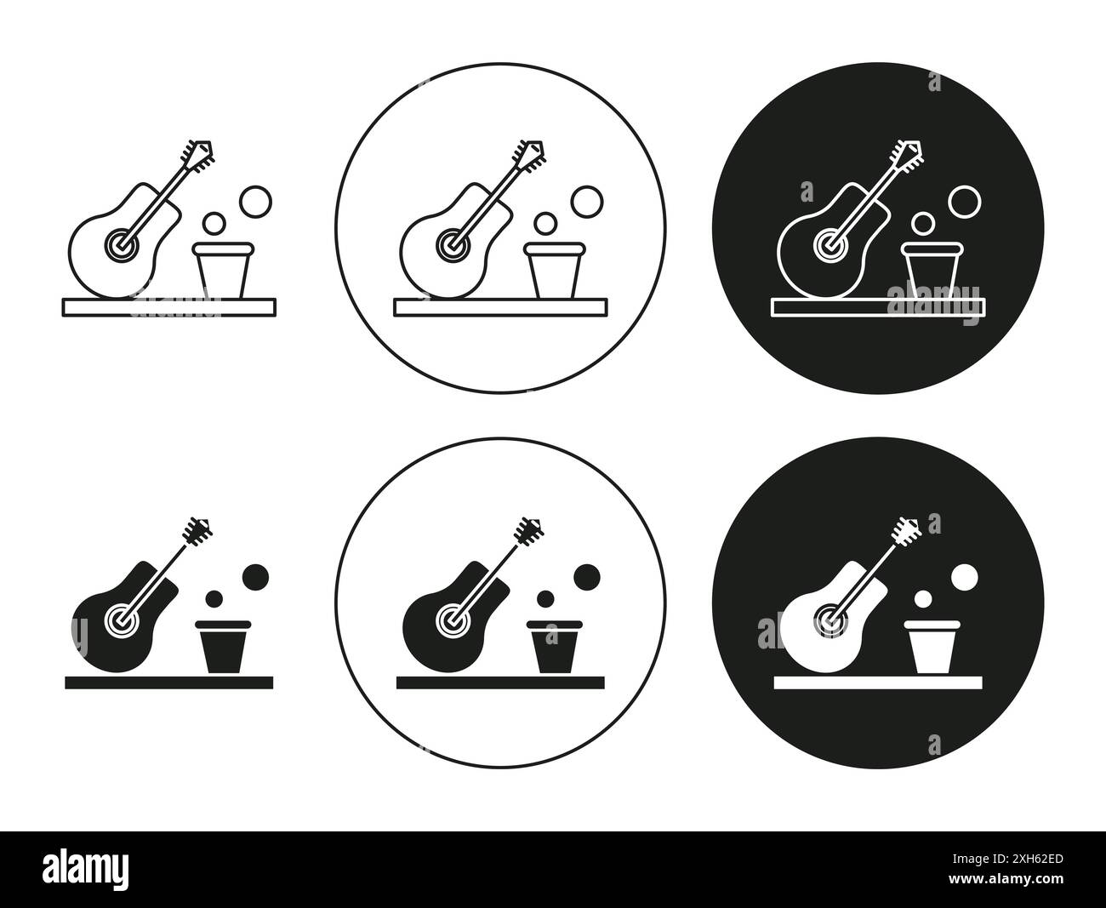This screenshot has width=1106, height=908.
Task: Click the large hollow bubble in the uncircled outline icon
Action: coord(254,202)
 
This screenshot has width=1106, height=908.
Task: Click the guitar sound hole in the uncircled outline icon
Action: coord(120,243)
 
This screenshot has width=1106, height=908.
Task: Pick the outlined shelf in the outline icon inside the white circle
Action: coord(500,306)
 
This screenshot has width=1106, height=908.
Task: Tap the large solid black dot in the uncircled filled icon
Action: coord(255,576)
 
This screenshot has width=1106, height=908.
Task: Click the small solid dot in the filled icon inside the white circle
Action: coord(545,598)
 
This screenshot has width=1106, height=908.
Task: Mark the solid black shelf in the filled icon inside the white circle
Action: coord(500,682)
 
